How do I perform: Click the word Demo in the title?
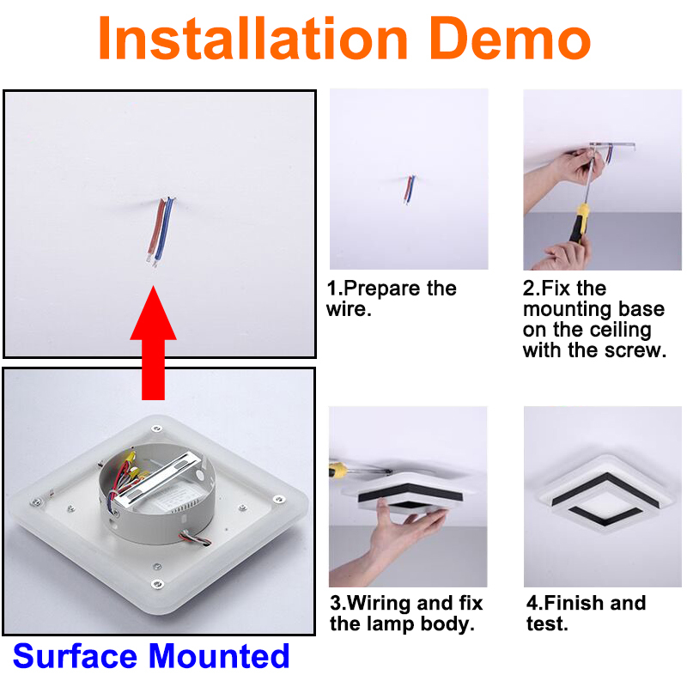tap(510, 39)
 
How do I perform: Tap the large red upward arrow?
tap(154, 343)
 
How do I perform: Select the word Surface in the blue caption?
tap(75, 656)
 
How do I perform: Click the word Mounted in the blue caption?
tap(219, 656)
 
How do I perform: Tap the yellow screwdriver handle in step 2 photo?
tap(579, 222)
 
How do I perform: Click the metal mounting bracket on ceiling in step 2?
tap(612, 145)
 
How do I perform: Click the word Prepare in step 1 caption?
tap(381, 289)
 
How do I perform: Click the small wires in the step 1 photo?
tap(410, 190)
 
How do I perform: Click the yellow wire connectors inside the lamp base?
tap(131, 465)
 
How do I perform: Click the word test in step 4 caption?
tap(547, 624)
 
